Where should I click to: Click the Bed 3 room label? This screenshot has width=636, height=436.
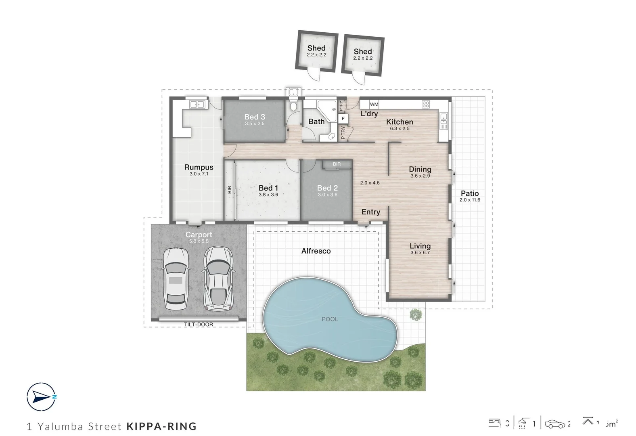click(x=255, y=117)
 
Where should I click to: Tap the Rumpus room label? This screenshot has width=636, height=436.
click(x=199, y=167)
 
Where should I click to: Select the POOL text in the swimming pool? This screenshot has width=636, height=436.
click(x=330, y=319)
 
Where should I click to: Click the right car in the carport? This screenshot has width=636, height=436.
click(x=218, y=279)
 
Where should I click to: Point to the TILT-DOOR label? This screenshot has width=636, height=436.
click(x=199, y=325)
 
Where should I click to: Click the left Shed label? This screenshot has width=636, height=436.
click(x=316, y=48)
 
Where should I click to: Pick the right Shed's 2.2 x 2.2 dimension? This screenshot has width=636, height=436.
click(x=363, y=58)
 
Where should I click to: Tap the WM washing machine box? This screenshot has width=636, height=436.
click(x=374, y=105)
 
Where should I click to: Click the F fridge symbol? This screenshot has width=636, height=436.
click(x=343, y=119)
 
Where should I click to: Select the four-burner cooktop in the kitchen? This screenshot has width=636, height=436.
click(x=426, y=105)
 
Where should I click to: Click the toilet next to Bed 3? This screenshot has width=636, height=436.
click(x=294, y=106)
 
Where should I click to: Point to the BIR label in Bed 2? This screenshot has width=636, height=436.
click(x=337, y=164)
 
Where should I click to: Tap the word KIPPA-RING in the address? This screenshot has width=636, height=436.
click(x=161, y=426)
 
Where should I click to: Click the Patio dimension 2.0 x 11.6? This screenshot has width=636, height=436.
click(x=470, y=200)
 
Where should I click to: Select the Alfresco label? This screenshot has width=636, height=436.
click(x=316, y=251)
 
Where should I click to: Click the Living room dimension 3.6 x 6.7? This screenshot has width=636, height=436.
click(x=420, y=253)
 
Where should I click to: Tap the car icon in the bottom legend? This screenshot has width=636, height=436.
click(x=555, y=424)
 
